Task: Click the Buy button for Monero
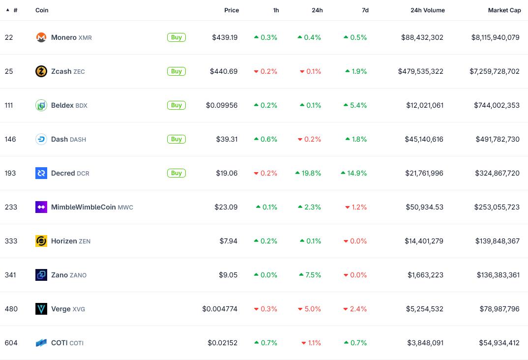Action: (176, 37)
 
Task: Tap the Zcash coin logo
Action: (41, 71)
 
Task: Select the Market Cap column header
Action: (504, 10)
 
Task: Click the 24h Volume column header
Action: (427, 10)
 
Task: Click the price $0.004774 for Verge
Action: (220, 309)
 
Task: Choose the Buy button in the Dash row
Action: (176, 139)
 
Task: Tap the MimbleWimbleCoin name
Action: (84, 207)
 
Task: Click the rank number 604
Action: (11, 343)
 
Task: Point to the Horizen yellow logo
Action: (41, 241)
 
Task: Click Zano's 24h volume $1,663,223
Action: (425, 275)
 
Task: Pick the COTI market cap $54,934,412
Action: (499, 343)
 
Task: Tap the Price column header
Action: (232, 10)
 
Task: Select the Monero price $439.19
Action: (225, 37)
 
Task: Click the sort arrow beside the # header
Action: (8, 10)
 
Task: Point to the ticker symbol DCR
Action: (83, 174)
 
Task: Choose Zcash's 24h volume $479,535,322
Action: (420, 71)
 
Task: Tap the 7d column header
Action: (365, 10)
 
